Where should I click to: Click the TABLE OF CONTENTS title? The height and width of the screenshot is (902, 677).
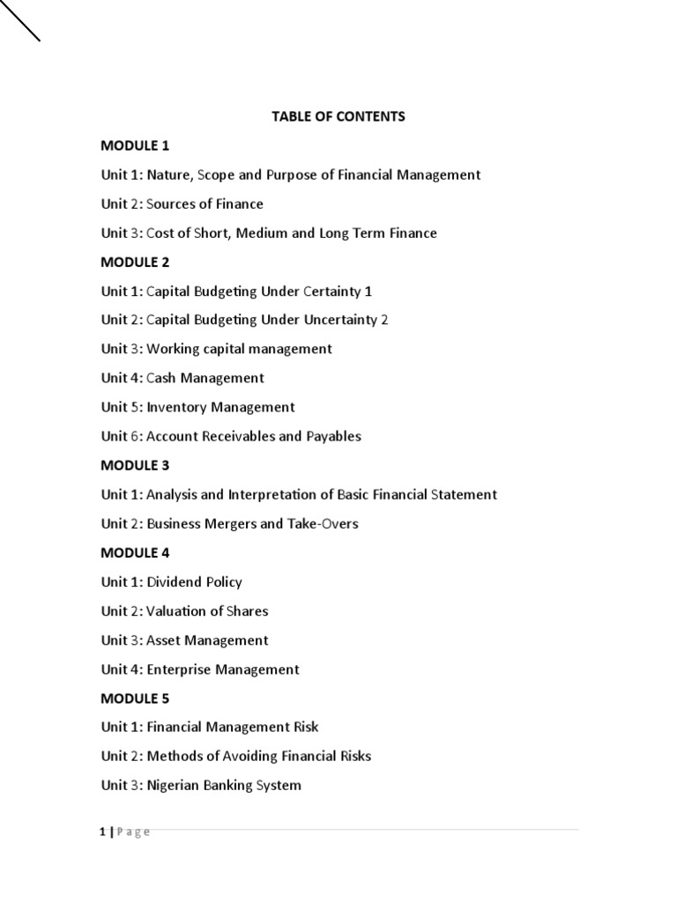[338, 116]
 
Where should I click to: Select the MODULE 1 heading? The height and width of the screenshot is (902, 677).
[135, 145]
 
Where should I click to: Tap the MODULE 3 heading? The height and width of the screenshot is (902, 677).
[135, 465]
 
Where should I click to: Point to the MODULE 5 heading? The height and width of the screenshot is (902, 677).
[135, 699]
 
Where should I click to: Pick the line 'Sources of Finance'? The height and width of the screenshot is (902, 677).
[205, 203]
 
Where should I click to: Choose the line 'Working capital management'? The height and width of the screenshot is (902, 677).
[239, 349]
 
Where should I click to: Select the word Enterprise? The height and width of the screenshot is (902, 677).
[179, 669]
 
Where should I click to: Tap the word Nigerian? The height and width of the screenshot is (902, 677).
[175, 785]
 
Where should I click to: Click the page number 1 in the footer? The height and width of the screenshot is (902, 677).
[102, 832]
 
